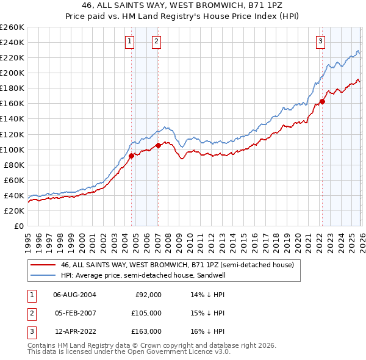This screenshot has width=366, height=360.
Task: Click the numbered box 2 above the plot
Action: [x=157, y=41]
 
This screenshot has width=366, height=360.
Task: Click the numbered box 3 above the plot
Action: [x=320, y=41]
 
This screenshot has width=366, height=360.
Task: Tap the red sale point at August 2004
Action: [x=131, y=156]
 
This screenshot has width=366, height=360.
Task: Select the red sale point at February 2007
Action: [x=158, y=145]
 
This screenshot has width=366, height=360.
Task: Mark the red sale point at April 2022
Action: [x=322, y=101]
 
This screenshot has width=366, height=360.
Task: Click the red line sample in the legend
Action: [x=44, y=265]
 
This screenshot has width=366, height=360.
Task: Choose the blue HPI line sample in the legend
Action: [x=44, y=275]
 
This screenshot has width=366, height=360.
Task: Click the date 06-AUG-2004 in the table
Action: [x=74, y=295]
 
